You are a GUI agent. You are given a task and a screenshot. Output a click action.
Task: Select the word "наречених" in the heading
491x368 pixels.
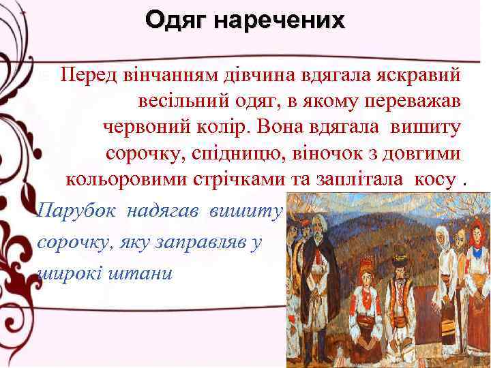(281, 22)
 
